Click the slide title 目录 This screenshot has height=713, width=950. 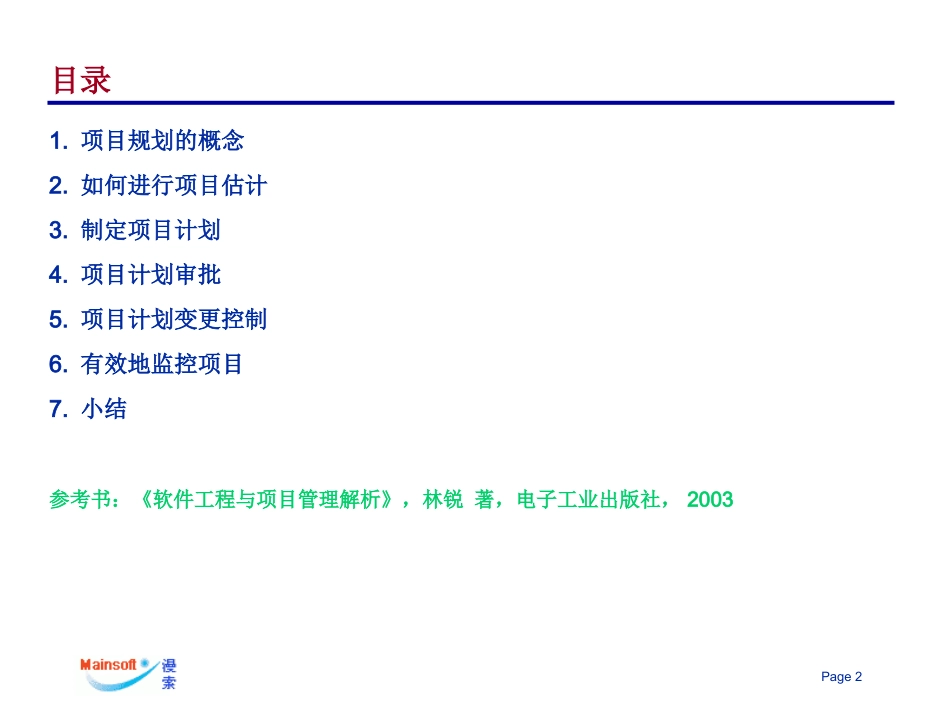[81, 81]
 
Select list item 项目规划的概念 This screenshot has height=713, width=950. [162, 141]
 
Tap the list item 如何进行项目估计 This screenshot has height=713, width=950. [173, 186]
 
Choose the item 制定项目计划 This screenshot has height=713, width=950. [150, 230]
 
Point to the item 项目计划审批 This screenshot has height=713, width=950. [150, 275]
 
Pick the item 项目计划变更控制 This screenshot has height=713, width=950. [173, 320]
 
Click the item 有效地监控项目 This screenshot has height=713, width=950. [162, 364]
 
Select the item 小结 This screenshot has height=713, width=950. [104, 409]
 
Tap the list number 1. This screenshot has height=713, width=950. [56, 141]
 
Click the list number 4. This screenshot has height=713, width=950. [56, 275]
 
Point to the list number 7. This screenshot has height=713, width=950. [56, 409]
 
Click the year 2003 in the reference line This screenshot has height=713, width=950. [710, 499]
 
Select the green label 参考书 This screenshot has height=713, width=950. [81, 499]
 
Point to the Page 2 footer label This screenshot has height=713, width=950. [841, 677]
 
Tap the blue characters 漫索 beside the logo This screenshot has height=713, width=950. [167, 675]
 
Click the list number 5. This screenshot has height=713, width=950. [56, 320]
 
